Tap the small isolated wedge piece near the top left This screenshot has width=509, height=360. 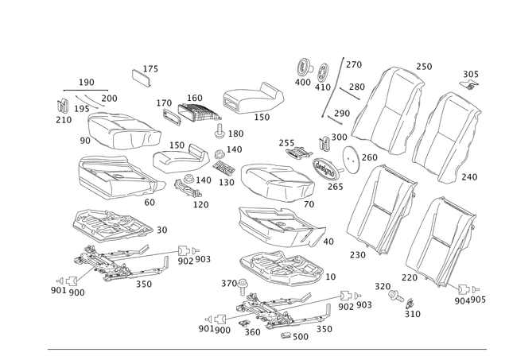click(x=143, y=75)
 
